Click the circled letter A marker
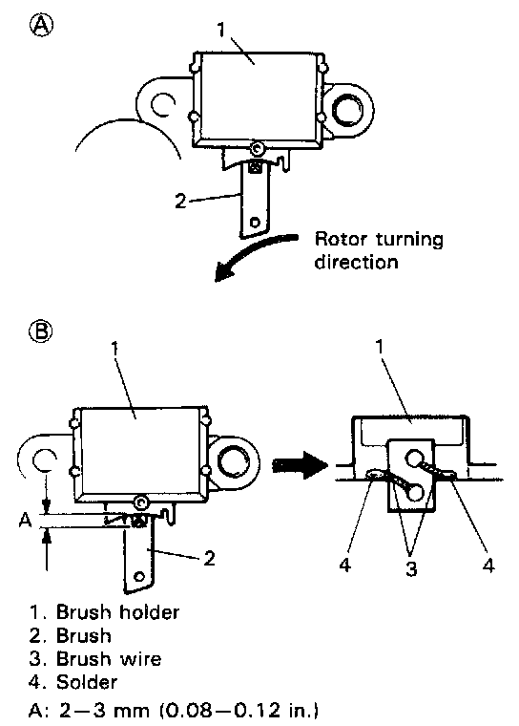coord(42,25)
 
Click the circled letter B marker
coord(41,331)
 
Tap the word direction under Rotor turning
coord(356,262)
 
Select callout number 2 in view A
coord(180,201)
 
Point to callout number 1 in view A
coord(221,30)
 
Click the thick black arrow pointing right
coord(300,465)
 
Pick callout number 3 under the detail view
coord(411,567)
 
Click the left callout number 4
coord(345,565)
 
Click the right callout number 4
coord(488,565)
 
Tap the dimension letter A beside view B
coord(25,520)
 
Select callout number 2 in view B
coord(209,559)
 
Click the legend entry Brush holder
coord(104,612)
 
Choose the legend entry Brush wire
coord(95,658)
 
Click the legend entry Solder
coord(73,681)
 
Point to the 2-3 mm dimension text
coord(174,710)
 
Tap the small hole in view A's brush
coord(255,223)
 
